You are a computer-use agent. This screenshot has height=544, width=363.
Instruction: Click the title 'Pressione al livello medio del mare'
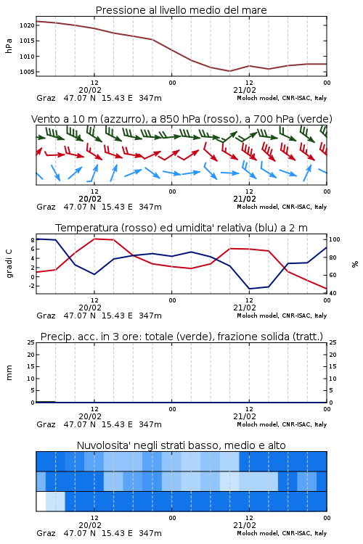(181, 10)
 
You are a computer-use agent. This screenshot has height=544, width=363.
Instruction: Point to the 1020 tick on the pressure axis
(27, 25)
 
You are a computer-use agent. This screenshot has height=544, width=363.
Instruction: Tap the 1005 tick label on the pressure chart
(27, 72)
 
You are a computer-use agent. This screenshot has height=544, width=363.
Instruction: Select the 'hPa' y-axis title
(9, 46)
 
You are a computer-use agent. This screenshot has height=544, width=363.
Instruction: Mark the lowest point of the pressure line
(229, 71)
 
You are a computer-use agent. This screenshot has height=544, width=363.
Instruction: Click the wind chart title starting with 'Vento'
(181, 119)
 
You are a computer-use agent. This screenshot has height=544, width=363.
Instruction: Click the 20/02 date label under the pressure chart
(90, 90)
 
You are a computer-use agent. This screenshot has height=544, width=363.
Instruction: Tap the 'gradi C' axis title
(9, 264)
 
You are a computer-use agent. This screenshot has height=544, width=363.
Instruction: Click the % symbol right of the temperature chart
(355, 264)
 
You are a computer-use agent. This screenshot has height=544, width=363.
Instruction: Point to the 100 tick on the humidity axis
(334, 239)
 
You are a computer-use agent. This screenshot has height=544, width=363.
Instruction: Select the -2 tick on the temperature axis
(31, 287)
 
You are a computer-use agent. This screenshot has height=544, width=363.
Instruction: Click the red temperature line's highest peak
(95, 239)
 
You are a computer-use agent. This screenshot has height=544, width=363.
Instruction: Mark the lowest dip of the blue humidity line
(250, 289)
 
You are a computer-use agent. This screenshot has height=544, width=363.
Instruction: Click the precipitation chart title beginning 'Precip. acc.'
(181, 337)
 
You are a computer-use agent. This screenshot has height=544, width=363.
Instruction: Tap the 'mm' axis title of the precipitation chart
(9, 373)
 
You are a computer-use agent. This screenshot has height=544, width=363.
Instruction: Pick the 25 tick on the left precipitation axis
(31, 342)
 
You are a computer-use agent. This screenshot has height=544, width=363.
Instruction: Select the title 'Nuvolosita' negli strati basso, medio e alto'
(181, 445)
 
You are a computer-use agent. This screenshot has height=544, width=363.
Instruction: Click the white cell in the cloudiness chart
(41, 501)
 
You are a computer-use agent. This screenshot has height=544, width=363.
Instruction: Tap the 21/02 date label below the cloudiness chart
(245, 525)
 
